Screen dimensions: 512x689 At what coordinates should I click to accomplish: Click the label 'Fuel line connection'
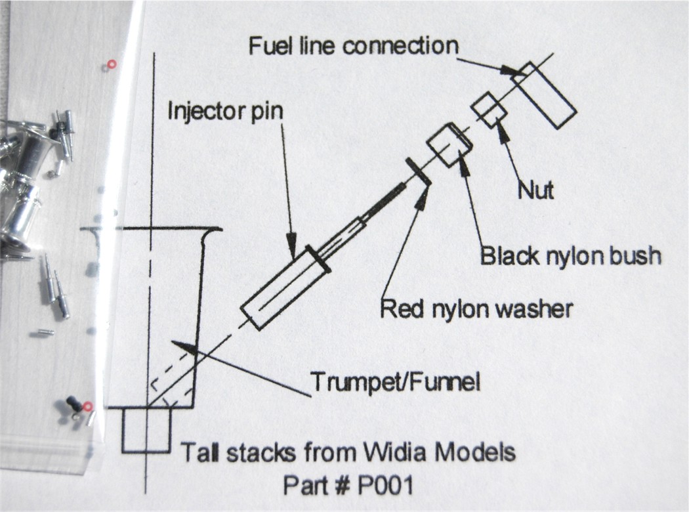click(352, 46)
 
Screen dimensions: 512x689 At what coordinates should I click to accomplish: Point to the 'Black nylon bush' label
click(570, 255)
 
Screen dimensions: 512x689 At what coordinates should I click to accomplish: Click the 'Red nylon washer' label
click(477, 307)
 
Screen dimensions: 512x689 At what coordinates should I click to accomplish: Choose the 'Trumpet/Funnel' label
click(396, 381)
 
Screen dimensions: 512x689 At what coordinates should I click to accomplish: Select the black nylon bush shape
click(449, 146)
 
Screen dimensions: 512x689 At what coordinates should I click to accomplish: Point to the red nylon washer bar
click(418, 171)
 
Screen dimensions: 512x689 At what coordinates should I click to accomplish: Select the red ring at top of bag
click(110, 64)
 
